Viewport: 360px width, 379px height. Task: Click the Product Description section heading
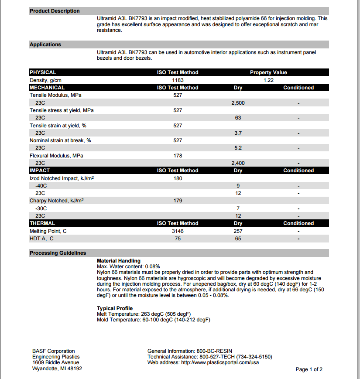coord(55,11)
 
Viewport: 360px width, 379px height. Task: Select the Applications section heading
coord(45,44)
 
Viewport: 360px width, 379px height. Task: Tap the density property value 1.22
coord(268,80)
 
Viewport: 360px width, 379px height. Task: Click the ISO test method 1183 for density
coord(178,80)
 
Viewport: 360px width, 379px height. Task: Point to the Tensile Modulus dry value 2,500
coord(238,103)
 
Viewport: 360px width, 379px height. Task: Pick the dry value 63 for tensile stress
coord(238,118)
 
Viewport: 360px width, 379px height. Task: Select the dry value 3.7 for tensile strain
coord(238,133)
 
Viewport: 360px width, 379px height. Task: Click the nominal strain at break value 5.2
coord(238,148)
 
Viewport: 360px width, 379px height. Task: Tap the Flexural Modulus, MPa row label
coord(56,156)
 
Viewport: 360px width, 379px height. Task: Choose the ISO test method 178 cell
coord(178,156)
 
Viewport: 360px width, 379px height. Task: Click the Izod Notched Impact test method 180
coord(178,178)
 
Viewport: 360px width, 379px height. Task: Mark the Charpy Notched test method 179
coord(178,201)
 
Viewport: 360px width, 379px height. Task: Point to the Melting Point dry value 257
coord(238,231)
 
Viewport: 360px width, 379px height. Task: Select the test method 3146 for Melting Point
coord(178,231)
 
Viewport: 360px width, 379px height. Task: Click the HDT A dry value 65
coord(238,239)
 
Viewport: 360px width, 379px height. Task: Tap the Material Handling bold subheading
coord(119,261)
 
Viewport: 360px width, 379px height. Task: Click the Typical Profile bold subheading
coord(115,308)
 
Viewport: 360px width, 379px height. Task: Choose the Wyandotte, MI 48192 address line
coord(57,369)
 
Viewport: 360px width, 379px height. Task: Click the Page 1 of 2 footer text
coord(309,369)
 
